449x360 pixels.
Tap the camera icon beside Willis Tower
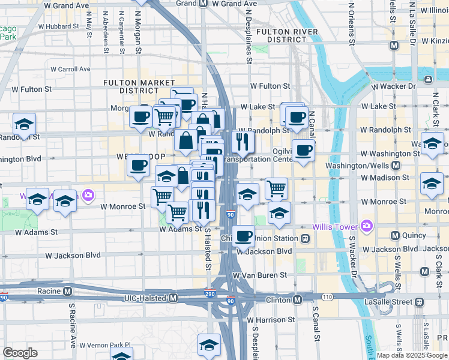click(367, 227)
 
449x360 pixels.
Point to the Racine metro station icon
click(68, 292)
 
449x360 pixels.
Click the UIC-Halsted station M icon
click(173, 298)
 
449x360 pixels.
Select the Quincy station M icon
click(396, 235)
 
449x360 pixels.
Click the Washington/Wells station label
click(358, 165)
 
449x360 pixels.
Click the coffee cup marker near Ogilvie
click(304, 151)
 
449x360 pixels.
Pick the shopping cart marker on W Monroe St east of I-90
click(276, 188)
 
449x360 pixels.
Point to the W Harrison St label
click(270, 320)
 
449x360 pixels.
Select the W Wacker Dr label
click(393, 86)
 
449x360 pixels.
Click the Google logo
click(20, 353)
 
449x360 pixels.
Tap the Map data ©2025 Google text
click(412, 355)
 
